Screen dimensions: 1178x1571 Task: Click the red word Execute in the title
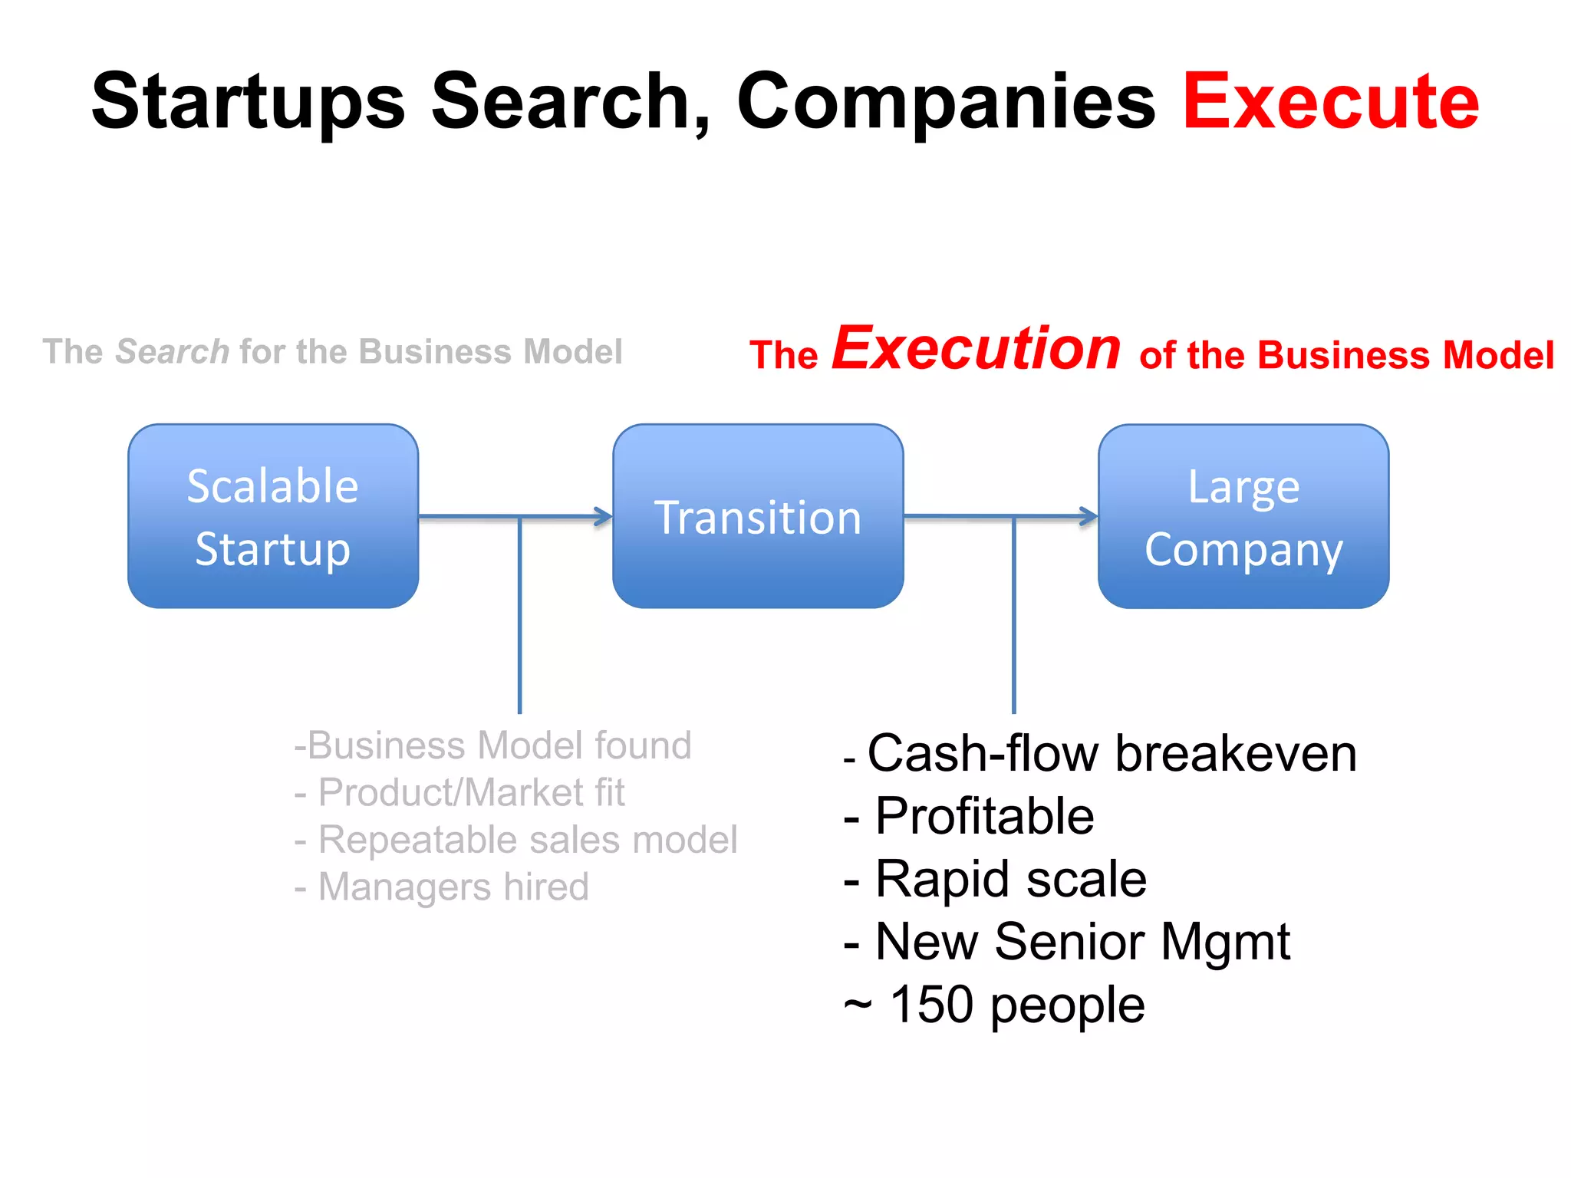(1330, 100)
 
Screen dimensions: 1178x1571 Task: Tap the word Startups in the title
(248, 102)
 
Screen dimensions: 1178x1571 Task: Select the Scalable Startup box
(273, 516)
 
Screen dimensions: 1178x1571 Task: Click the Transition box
(758, 516)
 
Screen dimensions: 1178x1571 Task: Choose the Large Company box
(1243, 516)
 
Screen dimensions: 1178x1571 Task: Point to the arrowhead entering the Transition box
(604, 516)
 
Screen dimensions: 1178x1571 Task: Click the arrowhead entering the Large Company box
(1089, 516)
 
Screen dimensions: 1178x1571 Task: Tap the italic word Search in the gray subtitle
(172, 351)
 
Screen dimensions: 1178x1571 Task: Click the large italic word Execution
(977, 348)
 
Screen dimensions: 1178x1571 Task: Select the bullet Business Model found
(493, 745)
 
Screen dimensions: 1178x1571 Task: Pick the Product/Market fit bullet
(460, 792)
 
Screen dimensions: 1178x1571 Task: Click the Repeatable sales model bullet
(516, 839)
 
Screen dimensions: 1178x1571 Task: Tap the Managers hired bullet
(442, 887)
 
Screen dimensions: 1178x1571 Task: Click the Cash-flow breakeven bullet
(1101, 753)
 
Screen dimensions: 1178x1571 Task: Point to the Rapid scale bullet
(996, 878)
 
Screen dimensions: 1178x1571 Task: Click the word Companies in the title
(946, 100)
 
